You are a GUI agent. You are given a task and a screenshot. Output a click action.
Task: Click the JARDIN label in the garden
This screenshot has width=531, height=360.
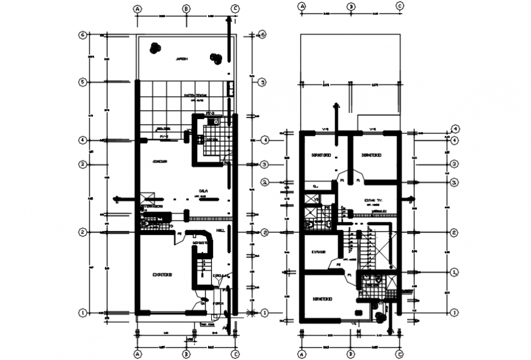tap(182, 59)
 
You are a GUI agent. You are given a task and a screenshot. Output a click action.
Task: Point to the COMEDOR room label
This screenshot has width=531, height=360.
tap(161, 161)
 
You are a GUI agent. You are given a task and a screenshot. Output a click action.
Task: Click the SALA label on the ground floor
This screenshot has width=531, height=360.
tap(202, 190)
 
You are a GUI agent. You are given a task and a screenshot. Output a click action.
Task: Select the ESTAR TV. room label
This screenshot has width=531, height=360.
tap(372, 200)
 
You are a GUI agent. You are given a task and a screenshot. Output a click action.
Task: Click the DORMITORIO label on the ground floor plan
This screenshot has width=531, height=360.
tap(162, 275)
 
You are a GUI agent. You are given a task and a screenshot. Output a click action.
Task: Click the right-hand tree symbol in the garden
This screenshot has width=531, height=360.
tap(215, 59)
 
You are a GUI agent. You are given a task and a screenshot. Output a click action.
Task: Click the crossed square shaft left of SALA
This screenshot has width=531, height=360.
tap(146, 198)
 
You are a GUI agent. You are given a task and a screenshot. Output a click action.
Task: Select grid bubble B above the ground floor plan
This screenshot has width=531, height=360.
tap(187, 9)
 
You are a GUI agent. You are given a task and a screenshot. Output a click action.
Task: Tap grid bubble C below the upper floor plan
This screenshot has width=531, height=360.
tap(399, 354)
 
